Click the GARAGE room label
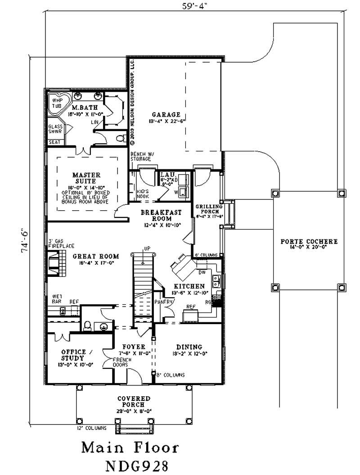[x=166, y=115]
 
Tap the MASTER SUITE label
[x=86, y=177]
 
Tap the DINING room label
[x=189, y=347]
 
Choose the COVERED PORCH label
[x=134, y=402]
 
